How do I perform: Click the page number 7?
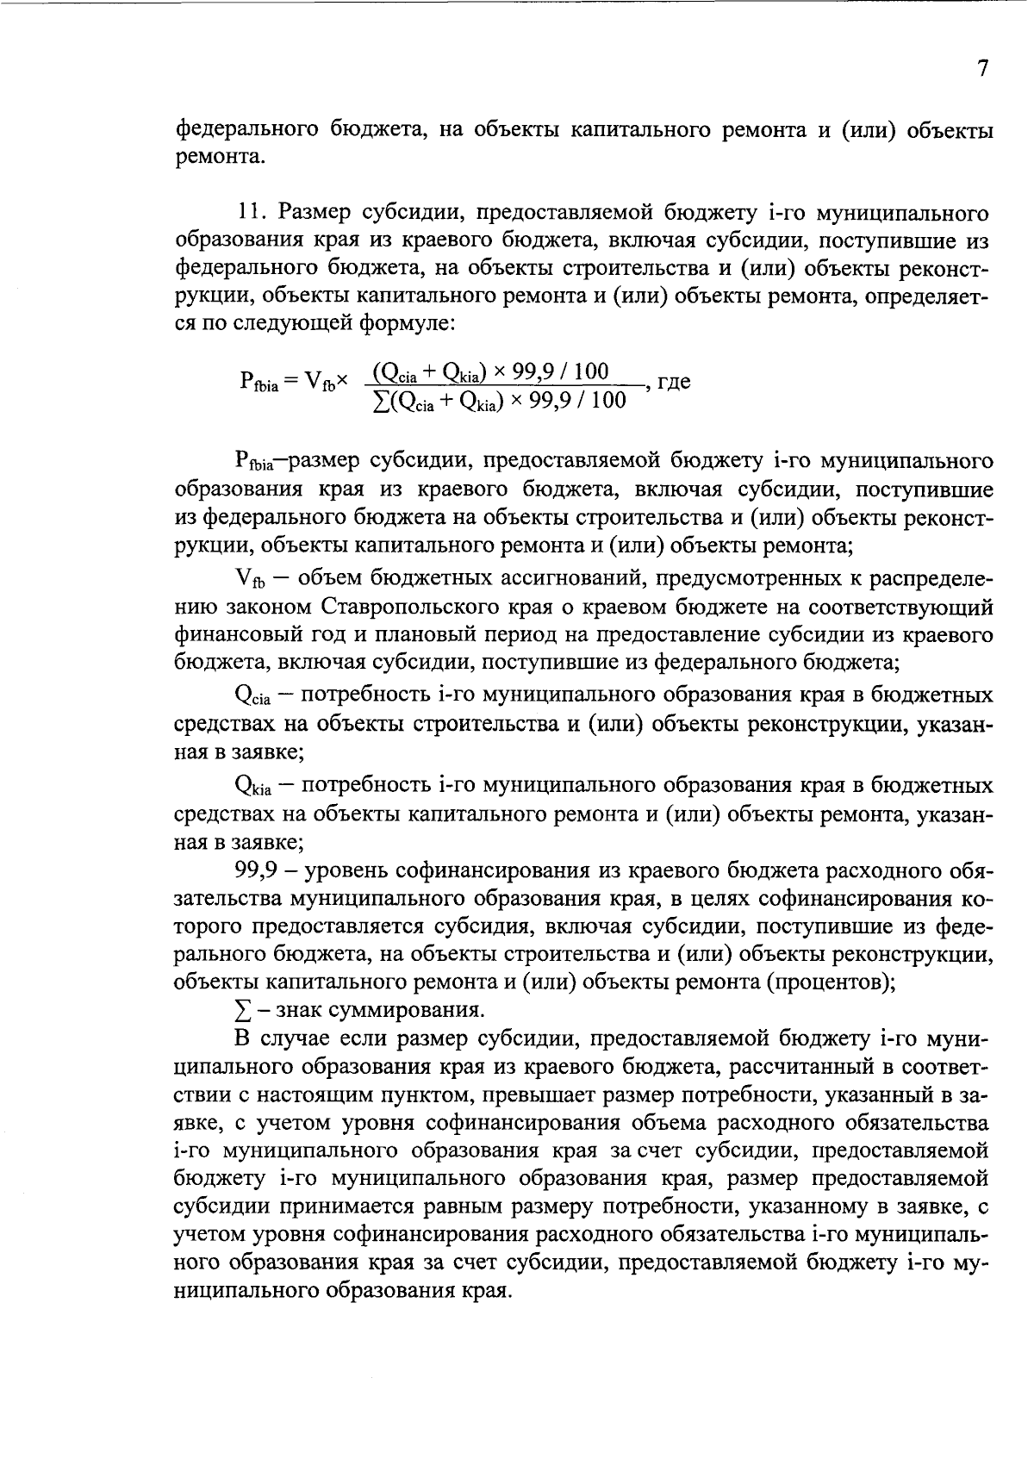pos(982,70)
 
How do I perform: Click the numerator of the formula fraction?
pos(488,371)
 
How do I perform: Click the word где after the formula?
pos(674,381)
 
